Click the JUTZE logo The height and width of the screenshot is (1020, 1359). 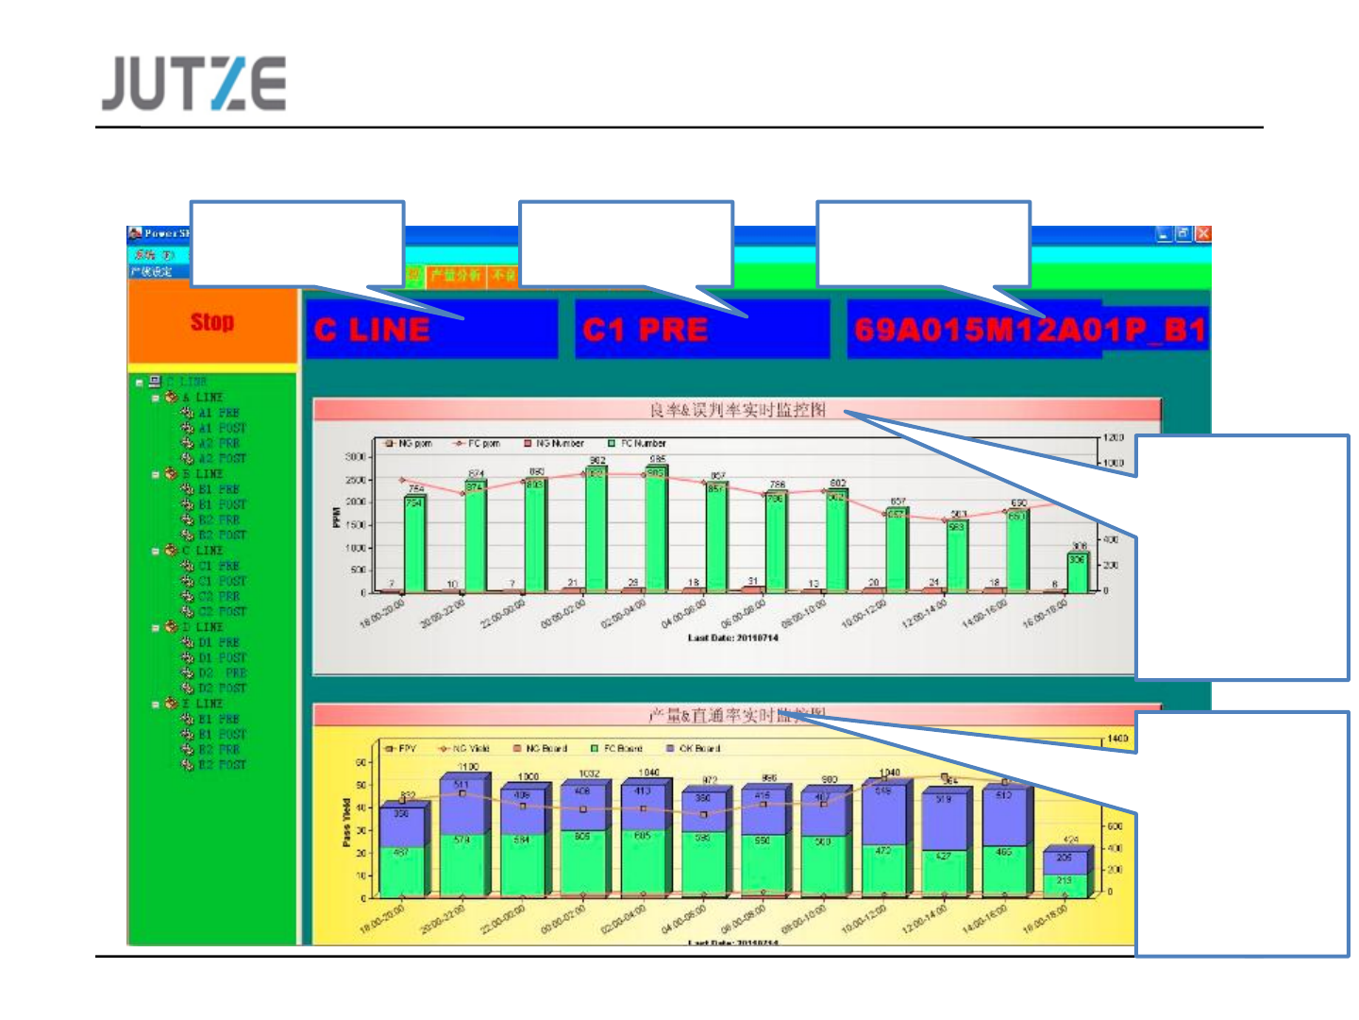193,83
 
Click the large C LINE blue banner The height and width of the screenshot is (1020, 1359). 430,330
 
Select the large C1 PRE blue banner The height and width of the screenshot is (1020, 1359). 701,330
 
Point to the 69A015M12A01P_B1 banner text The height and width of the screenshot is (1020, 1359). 1028,330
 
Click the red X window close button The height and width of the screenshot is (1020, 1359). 1202,233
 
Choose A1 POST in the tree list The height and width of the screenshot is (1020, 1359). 222,428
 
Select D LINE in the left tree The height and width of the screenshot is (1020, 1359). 209,627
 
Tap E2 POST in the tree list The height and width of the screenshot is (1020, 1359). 222,764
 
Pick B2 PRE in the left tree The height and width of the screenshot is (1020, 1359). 219,519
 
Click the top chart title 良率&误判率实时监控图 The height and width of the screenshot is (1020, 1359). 737,410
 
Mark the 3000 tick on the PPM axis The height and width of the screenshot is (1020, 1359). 355,457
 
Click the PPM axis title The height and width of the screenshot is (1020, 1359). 336,518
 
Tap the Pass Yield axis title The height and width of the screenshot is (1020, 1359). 346,824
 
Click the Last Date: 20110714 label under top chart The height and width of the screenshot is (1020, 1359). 732,637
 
